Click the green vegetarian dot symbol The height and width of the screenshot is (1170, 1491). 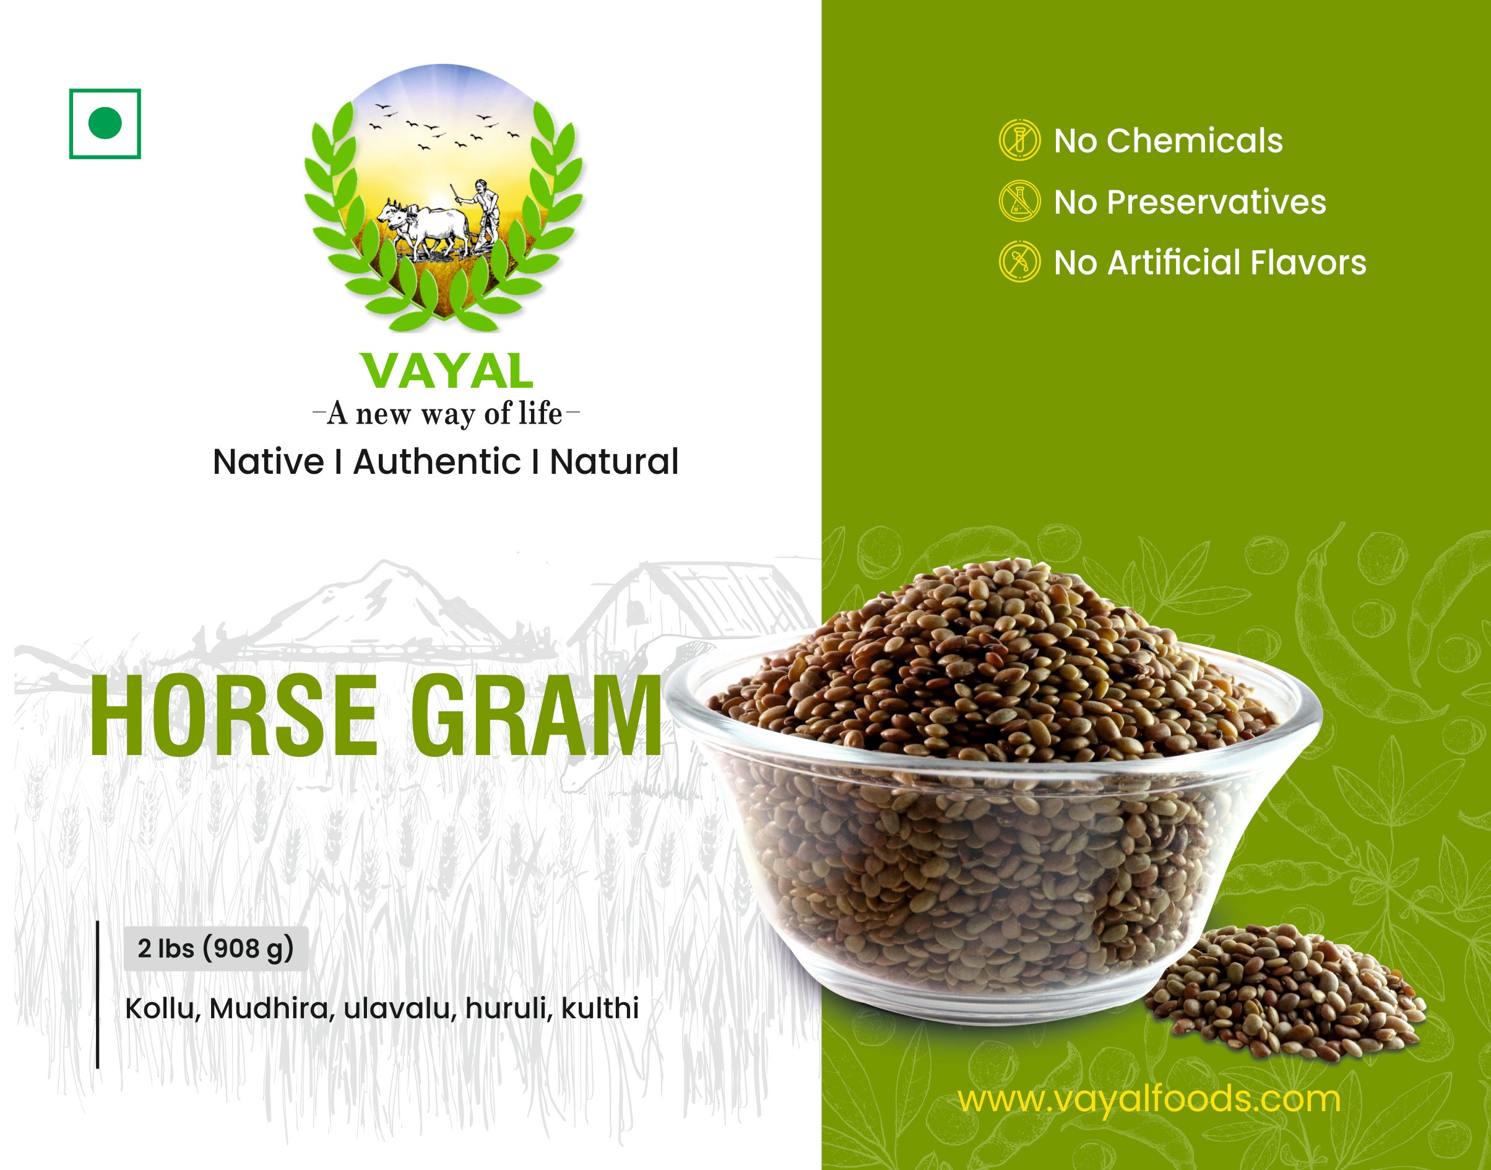(x=105, y=123)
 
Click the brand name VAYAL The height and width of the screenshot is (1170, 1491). (x=447, y=371)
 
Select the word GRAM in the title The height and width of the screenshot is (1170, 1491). (x=537, y=715)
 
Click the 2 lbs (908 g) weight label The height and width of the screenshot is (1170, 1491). (x=215, y=948)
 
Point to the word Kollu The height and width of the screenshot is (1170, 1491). (x=163, y=1008)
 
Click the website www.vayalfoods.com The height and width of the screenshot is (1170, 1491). (x=1148, y=1099)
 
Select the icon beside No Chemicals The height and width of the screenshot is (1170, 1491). (x=1019, y=140)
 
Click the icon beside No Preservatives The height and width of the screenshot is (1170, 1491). (x=1019, y=201)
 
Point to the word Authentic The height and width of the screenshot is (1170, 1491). (x=437, y=461)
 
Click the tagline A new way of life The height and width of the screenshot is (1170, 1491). (x=446, y=414)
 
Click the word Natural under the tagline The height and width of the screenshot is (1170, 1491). (x=614, y=461)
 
